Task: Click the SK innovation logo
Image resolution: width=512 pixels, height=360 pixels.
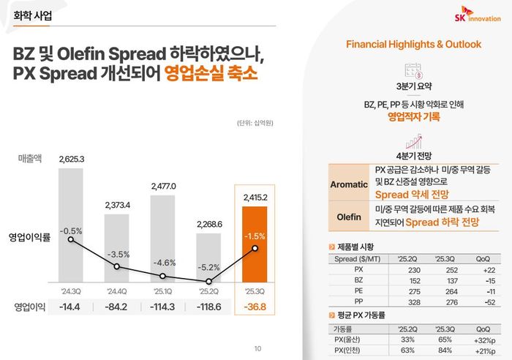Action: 475,16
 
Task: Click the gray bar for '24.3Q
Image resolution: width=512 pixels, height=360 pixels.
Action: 71,226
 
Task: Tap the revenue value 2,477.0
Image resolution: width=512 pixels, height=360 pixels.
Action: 163,186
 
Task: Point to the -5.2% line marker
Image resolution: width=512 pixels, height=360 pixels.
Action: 210,282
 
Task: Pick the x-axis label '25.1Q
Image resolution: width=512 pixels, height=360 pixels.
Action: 163,290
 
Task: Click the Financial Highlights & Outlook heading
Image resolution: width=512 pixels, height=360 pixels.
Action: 413,45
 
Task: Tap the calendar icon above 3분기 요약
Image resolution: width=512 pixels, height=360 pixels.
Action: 414,71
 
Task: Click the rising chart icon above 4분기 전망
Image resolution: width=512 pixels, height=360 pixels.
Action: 414,140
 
